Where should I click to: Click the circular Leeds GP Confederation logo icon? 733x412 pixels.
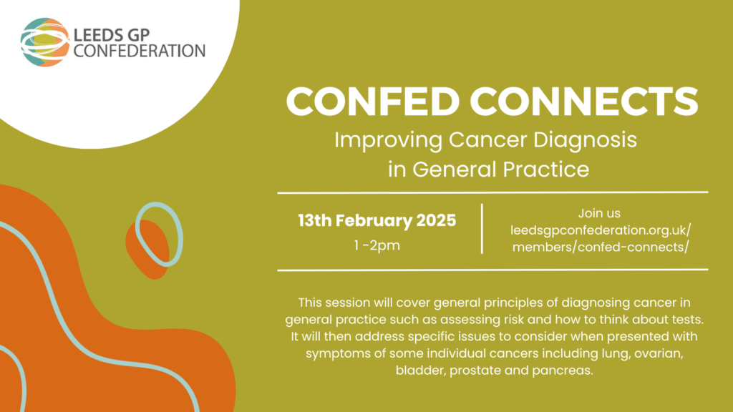[45, 42]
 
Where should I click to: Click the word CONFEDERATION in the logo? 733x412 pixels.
[140, 51]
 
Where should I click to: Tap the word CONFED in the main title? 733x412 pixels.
[372, 101]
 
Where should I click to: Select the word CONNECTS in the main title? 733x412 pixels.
[584, 101]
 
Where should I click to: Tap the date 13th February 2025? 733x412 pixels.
[377, 220]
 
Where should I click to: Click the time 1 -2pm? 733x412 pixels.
[377, 245]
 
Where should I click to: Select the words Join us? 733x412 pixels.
[599, 213]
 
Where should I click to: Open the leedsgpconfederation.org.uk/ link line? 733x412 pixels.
[601, 230]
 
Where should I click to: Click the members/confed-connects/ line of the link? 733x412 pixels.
[601, 247]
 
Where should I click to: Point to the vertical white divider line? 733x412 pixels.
[482, 229]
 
